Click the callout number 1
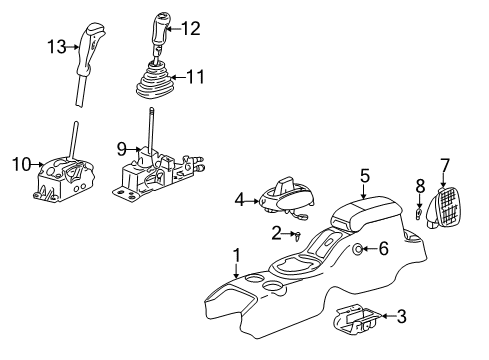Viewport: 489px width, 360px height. click(236, 255)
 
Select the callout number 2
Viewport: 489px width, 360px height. click(275, 233)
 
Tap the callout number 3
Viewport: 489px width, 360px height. click(401, 317)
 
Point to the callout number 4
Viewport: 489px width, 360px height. click(239, 199)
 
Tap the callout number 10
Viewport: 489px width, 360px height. click(17, 162)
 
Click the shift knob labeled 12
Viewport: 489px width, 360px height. click(162, 27)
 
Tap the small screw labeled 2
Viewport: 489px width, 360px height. click(299, 234)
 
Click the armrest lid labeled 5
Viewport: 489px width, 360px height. click(364, 213)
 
